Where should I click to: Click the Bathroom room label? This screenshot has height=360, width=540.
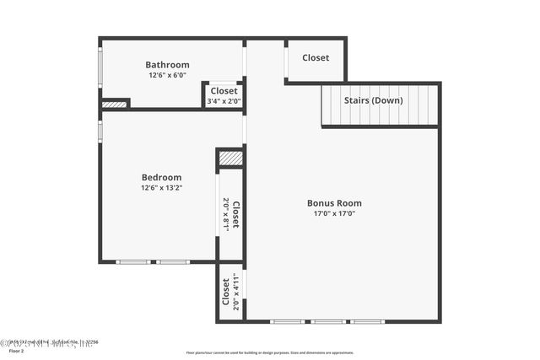point(167,65)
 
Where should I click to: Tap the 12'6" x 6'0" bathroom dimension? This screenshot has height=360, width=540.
point(167,75)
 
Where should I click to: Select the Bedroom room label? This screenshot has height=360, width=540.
point(161,177)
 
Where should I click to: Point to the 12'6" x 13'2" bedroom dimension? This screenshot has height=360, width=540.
point(161,188)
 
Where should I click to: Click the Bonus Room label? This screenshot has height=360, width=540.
point(334,203)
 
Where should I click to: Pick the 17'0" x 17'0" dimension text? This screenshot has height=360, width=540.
point(334,213)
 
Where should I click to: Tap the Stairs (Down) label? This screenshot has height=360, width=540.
point(373,100)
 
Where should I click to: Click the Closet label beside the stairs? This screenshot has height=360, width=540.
point(316,58)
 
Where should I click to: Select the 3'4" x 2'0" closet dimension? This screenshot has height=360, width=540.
point(224,101)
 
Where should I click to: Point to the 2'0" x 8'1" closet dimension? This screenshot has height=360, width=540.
point(226,214)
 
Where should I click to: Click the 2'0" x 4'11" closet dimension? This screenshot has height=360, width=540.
point(237,292)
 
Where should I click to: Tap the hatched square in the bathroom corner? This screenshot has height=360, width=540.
point(114,105)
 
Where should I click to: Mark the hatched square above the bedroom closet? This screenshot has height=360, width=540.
point(230,158)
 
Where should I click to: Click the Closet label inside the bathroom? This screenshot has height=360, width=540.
point(224,91)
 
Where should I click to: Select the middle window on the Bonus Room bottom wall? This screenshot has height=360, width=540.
point(327,321)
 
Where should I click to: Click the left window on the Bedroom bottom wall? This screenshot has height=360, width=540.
point(133,262)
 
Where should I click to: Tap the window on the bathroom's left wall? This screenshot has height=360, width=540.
point(100,66)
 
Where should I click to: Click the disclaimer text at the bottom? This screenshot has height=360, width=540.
point(269,352)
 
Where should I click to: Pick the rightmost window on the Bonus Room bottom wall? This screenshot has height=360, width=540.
point(368,321)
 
